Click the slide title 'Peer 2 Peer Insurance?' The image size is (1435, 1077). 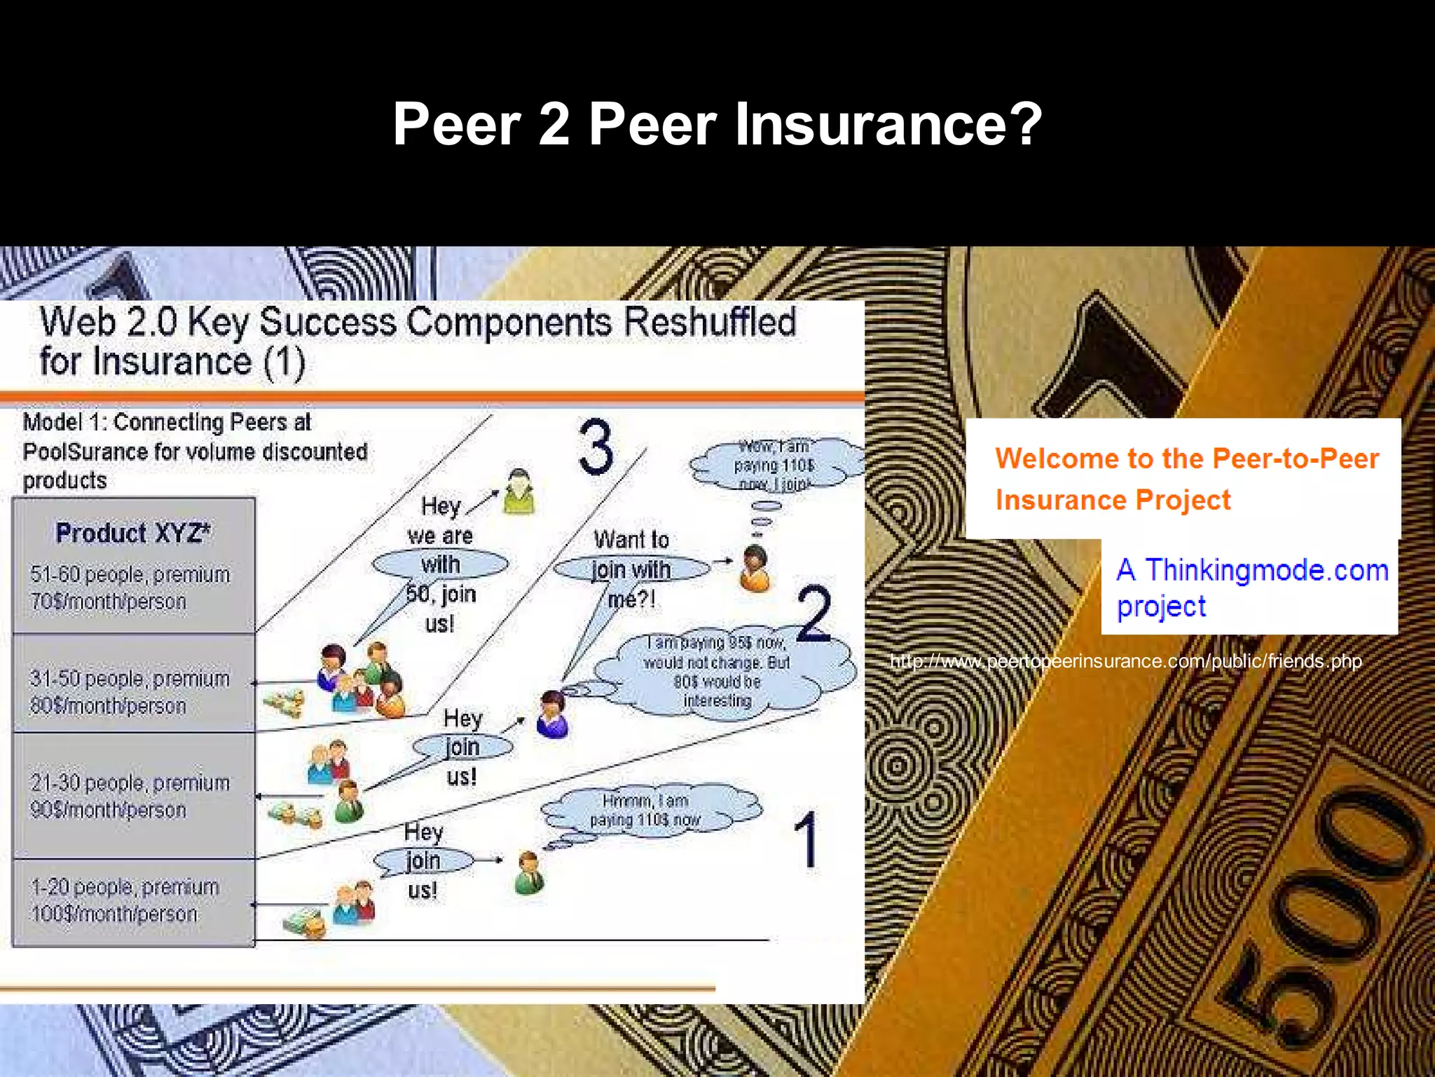pyautogui.click(x=717, y=124)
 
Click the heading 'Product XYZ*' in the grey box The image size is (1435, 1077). pyautogui.click(x=132, y=533)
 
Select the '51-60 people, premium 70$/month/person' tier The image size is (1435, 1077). pyautogui.click(x=130, y=588)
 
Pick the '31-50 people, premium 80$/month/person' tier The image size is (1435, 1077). pyautogui.click(x=130, y=692)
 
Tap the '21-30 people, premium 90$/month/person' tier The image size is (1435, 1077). pyautogui.click(x=130, y=796)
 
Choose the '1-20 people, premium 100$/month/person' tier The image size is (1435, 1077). pyautogui.click(x=125, y=900)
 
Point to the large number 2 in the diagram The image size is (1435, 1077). pyautogui.click(x=814, y=614)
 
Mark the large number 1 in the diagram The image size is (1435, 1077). pyautogui.click(x=806, y=839)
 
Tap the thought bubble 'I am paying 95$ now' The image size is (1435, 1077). pyautogui.click(x=717, y=671)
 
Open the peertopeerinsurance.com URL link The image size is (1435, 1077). pyautogui.click(x=1125, y=661)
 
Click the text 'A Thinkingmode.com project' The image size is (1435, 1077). pyautogui.click(x=1251, y=588)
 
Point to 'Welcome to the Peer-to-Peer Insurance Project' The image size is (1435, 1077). pyautogui.click(x=1186, y=479)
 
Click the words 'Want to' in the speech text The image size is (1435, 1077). pyautogui.click(x=631, y=540)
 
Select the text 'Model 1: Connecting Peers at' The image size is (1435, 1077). pyautogui.click(x=167, y=422)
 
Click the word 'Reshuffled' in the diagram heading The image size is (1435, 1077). pyautogui.click(x=709, y=323)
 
